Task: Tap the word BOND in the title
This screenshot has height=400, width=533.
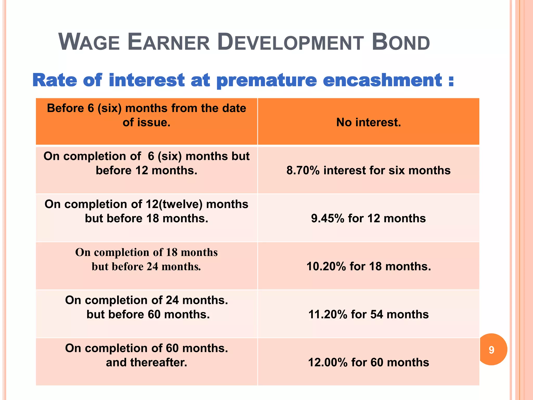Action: [x=401, y=42]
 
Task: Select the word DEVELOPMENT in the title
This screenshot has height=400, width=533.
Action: [x=290, y=42]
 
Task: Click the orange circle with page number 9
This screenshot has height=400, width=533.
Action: [x=492, y=350]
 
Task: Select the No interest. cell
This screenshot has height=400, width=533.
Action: [x=368, y=122]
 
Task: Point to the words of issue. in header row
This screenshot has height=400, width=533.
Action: [x=147, y=122]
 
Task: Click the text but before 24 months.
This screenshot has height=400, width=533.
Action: [x=146, y=267]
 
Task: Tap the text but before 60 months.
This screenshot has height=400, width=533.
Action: [x=148, y=315]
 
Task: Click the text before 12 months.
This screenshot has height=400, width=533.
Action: [x=147, y=171]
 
